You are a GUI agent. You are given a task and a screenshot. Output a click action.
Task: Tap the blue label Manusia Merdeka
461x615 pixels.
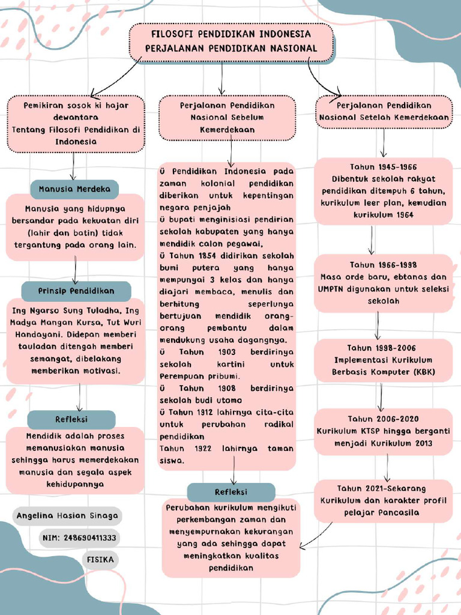74,189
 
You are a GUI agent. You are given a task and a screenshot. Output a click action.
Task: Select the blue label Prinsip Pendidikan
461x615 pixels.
76,291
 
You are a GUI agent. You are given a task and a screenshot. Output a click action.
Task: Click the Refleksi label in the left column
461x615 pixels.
71,419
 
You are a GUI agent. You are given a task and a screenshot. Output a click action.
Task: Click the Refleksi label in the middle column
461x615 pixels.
231,492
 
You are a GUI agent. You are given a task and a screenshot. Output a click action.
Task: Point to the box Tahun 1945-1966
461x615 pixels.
383,191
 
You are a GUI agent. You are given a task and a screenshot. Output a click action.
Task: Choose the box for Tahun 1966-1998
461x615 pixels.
383,283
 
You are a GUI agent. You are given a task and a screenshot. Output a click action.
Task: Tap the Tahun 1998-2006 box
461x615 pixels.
383,360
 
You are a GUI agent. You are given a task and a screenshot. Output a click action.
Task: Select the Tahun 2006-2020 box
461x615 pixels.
383,431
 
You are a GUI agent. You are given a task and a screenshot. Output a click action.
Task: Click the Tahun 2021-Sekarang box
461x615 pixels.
383,501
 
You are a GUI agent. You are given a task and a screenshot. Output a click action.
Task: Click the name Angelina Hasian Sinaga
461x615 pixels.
67,516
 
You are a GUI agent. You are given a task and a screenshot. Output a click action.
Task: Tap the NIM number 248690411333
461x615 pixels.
79,538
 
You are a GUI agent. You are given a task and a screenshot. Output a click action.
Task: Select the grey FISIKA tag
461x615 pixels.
100,559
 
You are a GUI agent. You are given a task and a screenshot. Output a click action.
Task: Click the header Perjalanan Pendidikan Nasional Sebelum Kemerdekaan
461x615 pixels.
227,118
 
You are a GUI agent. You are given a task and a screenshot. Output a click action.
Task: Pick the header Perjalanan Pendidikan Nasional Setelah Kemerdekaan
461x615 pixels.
384,112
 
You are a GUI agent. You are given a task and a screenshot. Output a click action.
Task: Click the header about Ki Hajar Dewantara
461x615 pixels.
76,123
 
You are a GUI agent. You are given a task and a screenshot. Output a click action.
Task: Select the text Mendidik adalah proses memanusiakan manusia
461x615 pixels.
75,441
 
